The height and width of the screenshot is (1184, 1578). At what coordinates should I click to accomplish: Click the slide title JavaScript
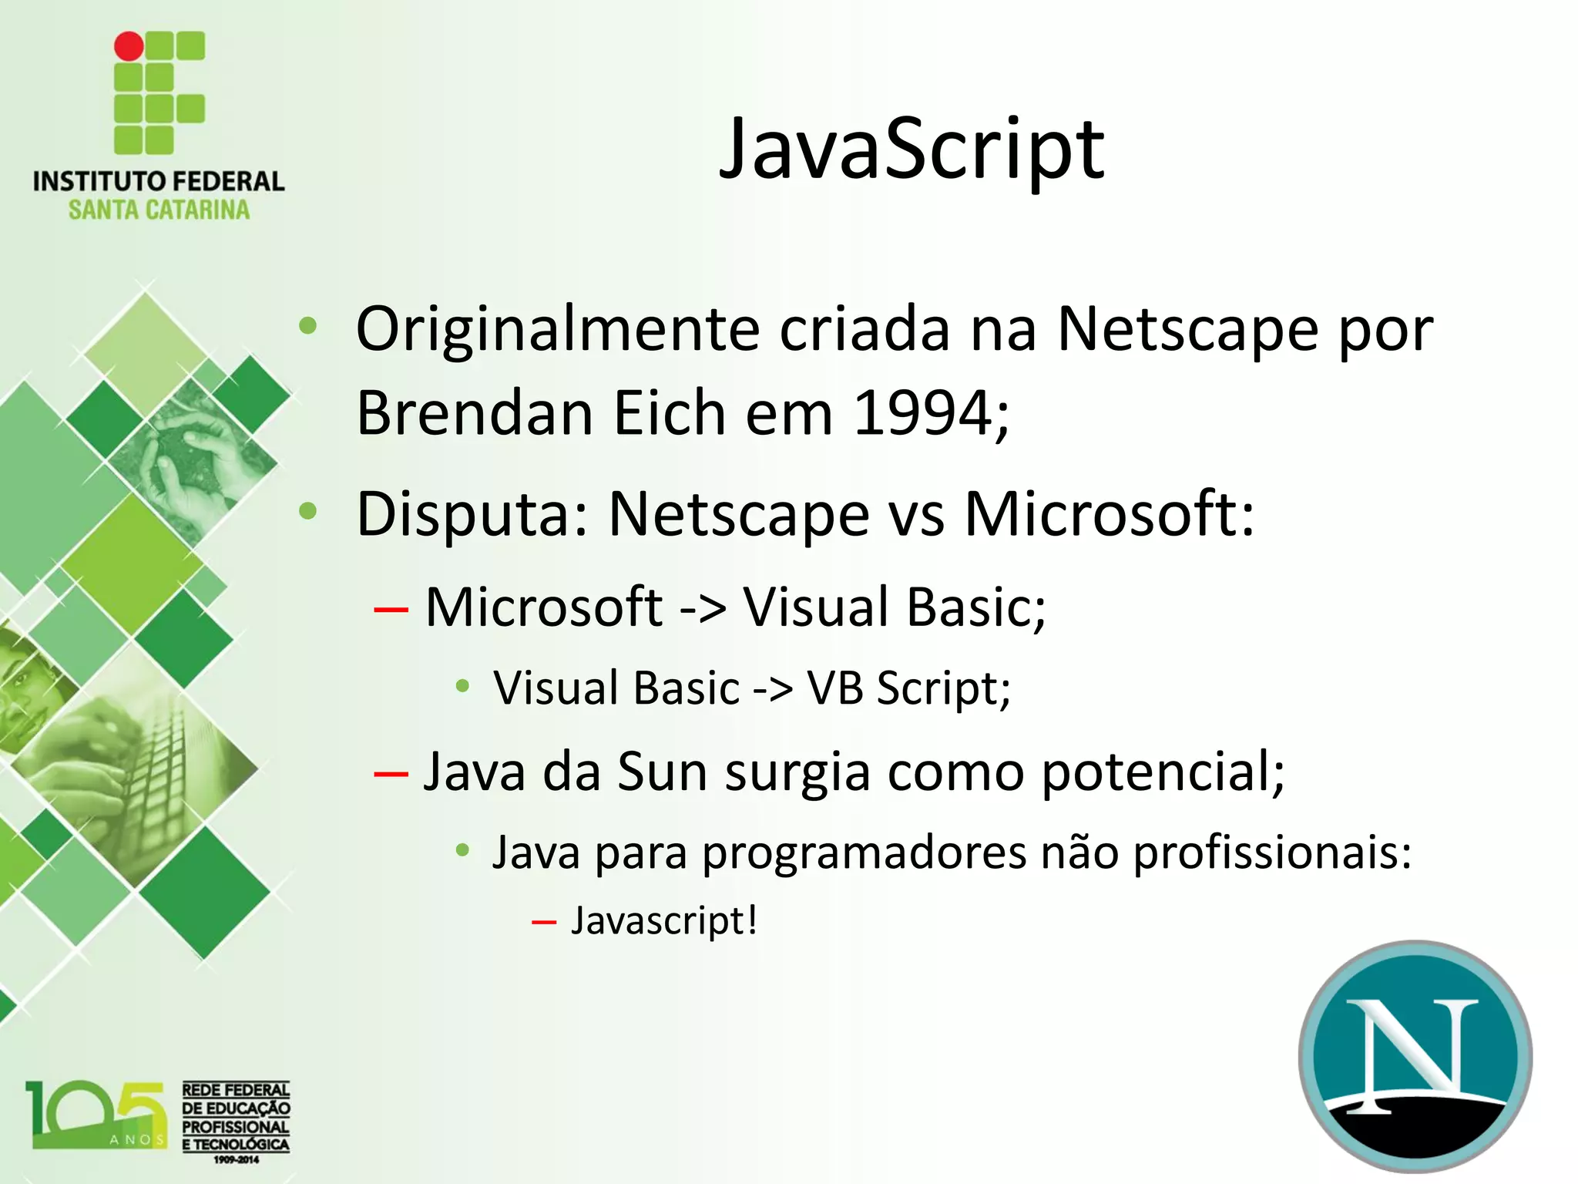click(912, 150)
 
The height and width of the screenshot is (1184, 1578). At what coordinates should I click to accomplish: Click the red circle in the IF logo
click(129, 46)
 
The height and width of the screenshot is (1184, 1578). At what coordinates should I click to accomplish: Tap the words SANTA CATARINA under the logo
click(159, 210)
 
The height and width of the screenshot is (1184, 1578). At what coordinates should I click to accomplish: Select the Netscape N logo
click(1415, 1057)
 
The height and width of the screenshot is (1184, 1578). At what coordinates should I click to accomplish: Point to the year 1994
click(923, 413)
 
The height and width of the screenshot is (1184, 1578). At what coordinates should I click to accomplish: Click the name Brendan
click(475, 413)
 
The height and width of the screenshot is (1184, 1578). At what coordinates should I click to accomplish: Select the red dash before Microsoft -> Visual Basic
click(391, 610)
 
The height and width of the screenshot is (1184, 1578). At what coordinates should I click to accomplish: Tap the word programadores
click(863, 854)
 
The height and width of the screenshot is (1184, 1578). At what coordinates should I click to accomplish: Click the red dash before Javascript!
click(543, 922)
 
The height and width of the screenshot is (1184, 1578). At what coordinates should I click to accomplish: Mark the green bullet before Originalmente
click(308, 326)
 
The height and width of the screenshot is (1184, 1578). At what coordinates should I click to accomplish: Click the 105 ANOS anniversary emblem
click(96, 1115)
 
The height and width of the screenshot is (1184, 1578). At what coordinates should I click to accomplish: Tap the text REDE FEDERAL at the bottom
click(235, 1090)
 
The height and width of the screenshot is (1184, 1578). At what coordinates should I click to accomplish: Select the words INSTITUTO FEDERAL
click(159, 182)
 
